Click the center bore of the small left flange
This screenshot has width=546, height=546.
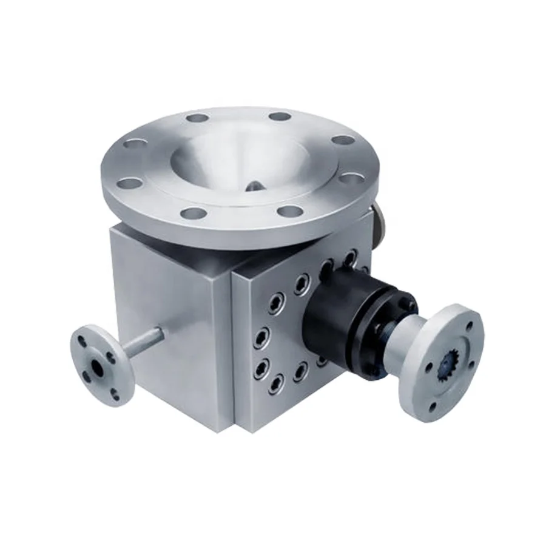coord(98,366)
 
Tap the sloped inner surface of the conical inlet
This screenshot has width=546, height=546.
coord(206,161)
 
